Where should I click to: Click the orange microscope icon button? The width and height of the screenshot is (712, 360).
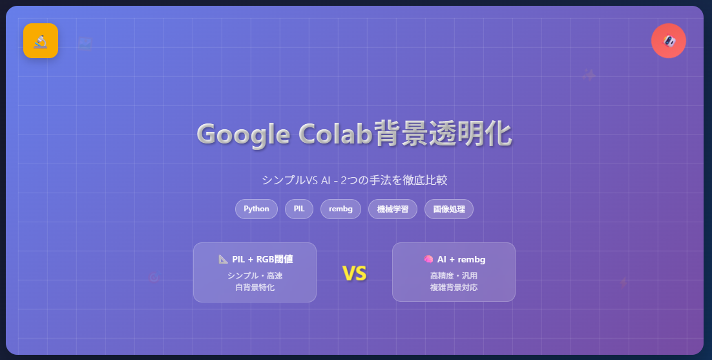(41, 41)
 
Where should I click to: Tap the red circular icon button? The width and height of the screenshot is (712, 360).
(669, 41)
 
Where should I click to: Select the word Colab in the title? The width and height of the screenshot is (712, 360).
(336, 134)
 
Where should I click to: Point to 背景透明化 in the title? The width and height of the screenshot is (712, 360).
(443, 134)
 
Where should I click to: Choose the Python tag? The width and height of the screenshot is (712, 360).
(257, 209)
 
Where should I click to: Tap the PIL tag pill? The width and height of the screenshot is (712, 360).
(299, 209)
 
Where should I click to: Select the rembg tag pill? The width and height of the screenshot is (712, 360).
(340, 209)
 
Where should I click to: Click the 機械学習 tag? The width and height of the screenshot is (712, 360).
(393, 209)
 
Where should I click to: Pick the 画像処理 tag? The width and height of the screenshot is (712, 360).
(449, 209)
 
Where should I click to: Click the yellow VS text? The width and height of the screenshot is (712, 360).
(354, 274)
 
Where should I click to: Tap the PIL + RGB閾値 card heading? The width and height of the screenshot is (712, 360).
(262, 259)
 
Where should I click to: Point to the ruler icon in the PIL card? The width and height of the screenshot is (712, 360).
(224, 259)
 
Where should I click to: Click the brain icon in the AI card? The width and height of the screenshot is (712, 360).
(428, 259)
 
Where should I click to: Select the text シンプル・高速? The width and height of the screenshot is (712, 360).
(255, 276)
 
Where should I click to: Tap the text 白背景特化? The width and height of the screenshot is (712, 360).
(255, 288)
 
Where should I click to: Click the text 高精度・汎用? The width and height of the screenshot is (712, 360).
(454, 276)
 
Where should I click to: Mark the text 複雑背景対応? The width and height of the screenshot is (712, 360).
(454, 288)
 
